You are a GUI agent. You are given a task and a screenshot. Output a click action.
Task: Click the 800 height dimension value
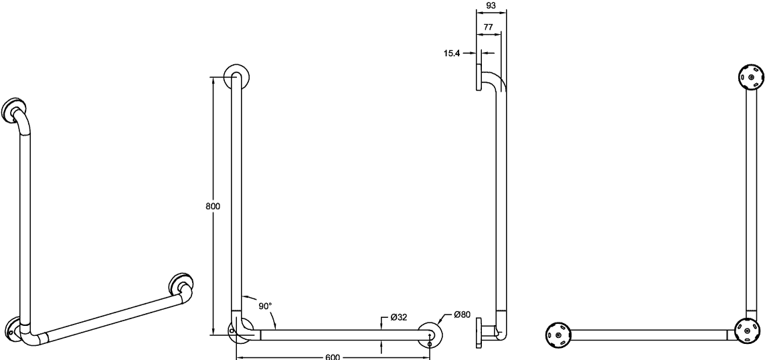click(x=213, y=206)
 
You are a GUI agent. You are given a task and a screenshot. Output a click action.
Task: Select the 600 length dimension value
click(x=332, y=357)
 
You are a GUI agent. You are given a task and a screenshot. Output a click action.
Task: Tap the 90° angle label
click(x=266, y=306)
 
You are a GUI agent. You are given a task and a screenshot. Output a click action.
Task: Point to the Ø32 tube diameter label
click(x=399, y=317)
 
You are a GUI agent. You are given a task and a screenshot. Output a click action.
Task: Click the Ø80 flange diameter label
click(x=462, y=314)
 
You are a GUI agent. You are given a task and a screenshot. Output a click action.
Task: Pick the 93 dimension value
click(x=491, y=5)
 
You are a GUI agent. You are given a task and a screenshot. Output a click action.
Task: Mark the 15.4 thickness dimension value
click(x=452, y=54)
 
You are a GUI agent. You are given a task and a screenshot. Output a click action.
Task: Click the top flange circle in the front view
click(x=236, y=76)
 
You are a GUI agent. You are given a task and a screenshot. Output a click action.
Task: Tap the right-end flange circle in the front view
click(x=430, y=335)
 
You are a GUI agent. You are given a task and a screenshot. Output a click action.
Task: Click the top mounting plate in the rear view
click(x=752, y=77)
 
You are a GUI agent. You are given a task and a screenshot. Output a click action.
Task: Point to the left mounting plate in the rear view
click(x=558, y=335)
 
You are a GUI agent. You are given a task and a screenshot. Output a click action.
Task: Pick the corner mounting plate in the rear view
click(x=748, y=331)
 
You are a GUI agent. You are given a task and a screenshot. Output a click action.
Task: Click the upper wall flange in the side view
click(x=479, y=76)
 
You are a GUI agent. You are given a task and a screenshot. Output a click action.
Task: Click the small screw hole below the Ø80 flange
click(x=429, y=345)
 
